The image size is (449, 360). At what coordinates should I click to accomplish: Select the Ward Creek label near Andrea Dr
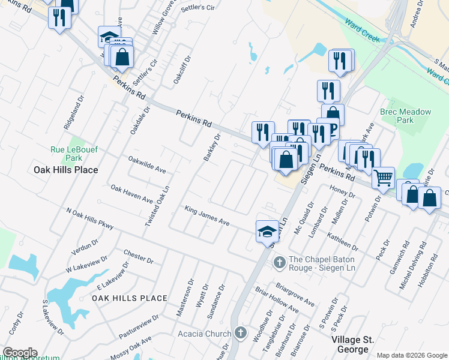click(363, 31)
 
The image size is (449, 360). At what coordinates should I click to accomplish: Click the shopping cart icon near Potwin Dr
click(383, 177)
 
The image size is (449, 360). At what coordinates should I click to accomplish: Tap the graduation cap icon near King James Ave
click(267, 232)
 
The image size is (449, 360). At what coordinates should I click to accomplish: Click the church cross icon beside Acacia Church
click(240, 333)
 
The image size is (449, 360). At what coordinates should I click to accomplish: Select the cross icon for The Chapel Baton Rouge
click(279, 262)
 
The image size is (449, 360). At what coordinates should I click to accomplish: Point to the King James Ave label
click(207, 216)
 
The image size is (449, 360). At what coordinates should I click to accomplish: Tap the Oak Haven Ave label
click(131, 194)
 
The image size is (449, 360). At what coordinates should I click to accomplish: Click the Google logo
click(20, 353)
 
